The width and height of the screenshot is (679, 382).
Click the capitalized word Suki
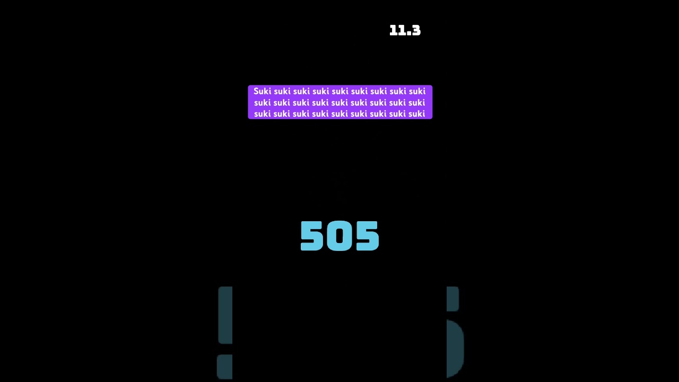point(262,91)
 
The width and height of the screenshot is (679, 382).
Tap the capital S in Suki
point(256,91)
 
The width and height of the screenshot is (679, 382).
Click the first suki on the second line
point(263,102)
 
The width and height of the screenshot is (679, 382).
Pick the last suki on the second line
point(416,102)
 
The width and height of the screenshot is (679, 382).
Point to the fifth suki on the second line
point(339,102)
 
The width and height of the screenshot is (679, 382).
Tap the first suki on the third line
point(263,114)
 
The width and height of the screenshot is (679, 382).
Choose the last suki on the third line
point(416,114)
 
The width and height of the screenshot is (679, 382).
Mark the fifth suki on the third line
point(339,114)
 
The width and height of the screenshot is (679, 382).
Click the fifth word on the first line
point(339,91)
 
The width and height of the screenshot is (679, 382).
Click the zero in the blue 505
point(339,236)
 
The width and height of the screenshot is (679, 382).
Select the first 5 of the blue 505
point(312,236)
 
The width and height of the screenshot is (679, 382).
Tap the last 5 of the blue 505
point(368,236)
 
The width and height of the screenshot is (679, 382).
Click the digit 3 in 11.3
point(416,31)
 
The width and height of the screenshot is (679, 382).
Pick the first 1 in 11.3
point(393,31)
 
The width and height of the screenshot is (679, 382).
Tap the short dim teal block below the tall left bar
point(225,367)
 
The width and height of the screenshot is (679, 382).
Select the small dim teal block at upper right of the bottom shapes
point(452,298)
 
